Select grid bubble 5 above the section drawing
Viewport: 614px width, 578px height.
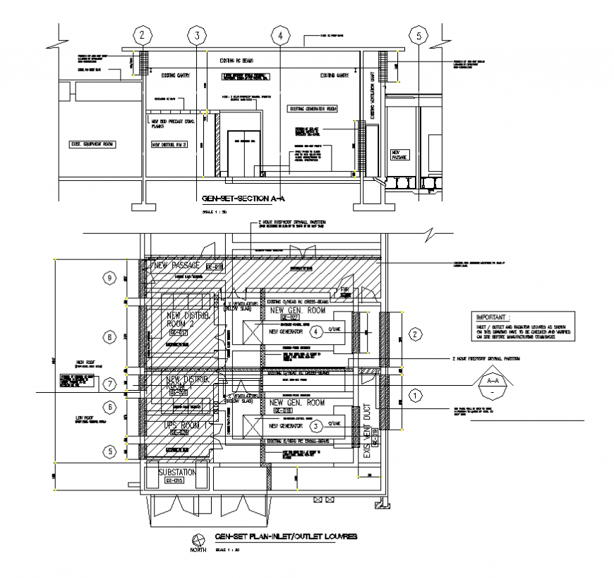[420, 35]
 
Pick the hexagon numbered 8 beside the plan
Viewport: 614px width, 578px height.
[109, 337]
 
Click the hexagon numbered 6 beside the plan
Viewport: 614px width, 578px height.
[109, 406]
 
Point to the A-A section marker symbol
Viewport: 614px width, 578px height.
[491, 384]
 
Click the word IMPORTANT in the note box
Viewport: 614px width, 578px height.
[493, 318]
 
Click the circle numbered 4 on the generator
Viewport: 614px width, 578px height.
[317, 330]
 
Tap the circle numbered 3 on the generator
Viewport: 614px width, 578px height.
[317, 425]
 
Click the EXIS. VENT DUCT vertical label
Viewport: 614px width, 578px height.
[366, 431]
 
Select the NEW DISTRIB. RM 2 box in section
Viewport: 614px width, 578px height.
[169, 145]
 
